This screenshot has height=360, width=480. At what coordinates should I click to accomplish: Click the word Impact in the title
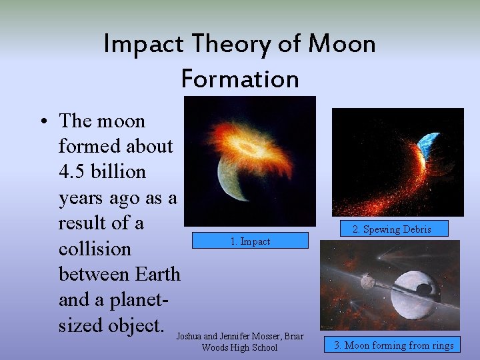[143, 45]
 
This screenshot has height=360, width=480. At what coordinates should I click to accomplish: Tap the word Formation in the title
[240, 79]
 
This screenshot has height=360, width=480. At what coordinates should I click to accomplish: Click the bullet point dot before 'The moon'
[43, 122]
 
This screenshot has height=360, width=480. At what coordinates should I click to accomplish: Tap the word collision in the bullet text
[95, 249]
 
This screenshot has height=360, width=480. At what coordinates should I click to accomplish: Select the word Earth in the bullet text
[157, 274]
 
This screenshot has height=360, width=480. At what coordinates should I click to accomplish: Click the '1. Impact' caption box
[250, 241]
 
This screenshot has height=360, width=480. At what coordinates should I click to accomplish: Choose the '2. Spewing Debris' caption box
[391, 229]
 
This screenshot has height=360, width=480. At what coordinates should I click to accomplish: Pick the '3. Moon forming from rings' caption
[394, 345]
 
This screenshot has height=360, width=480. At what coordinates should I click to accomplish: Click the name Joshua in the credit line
[191, 337]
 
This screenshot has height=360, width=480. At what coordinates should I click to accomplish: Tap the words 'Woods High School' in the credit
[239, 348]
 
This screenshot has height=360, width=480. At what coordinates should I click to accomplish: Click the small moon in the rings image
[367, 282]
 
